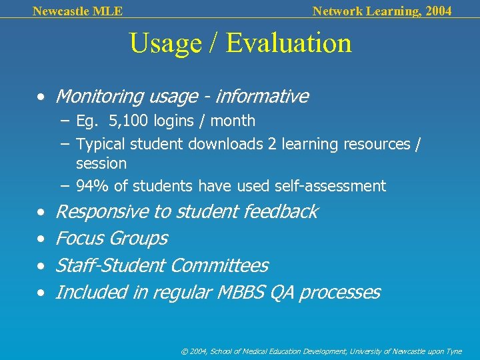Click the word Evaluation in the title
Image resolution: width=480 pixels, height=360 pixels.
[x=288, y=43]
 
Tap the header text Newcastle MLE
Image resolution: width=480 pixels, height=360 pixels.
[x=77, y=11]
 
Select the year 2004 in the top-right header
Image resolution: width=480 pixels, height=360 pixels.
[x=437, y=11]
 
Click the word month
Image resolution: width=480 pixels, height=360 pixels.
[x=233, y=121]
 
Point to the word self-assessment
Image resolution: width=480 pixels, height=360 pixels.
[x=335, y=186]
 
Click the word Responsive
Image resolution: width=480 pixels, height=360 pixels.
[x=102, y=212]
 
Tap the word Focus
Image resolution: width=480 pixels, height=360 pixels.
[x=80, y=239]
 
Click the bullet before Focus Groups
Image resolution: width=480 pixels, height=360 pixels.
[x=42, y=239]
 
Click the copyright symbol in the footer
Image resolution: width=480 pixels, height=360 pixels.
[x=185, y=351]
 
